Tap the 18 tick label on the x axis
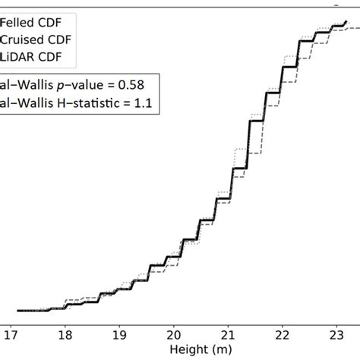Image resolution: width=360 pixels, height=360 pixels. point(66,333)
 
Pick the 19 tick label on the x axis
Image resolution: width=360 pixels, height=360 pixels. point(120,333)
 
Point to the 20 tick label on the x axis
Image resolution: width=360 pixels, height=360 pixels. point(174,333)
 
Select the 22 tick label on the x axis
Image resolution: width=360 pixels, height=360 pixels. point(282,333)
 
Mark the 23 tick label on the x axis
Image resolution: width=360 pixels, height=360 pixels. point(336,333)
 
